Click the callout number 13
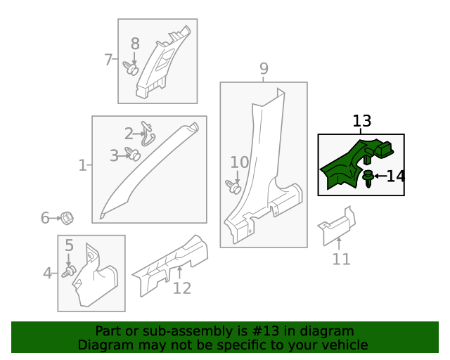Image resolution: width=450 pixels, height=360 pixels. pos(361,122)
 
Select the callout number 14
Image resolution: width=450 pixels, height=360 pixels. pos(395,176)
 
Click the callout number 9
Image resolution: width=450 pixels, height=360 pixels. pos(264,68)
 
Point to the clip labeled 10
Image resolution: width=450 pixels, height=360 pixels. pos(233,186)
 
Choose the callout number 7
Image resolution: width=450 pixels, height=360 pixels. pos(108,60)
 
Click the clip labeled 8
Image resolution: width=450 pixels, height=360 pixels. pos(131,69)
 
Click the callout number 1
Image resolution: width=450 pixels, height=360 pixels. pos(82,166)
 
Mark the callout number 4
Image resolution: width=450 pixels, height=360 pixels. pos(47,273)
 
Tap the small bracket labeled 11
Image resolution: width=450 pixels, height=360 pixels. pos(335,226)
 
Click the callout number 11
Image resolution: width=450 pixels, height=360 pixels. pos(341,259)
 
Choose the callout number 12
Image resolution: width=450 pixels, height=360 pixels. pos(181,288)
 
